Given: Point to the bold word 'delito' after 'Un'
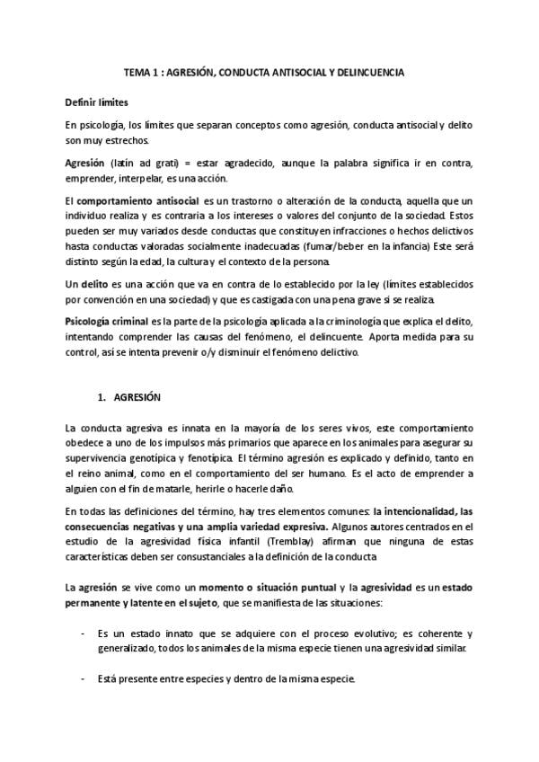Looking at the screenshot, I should click(x=96, y=283).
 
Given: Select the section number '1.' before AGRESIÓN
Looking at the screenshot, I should click(x=102, y=397).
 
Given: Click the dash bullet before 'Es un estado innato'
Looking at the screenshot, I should click(x=84, y=634).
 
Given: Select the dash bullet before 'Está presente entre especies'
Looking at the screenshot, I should click(x=84, y=678).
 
